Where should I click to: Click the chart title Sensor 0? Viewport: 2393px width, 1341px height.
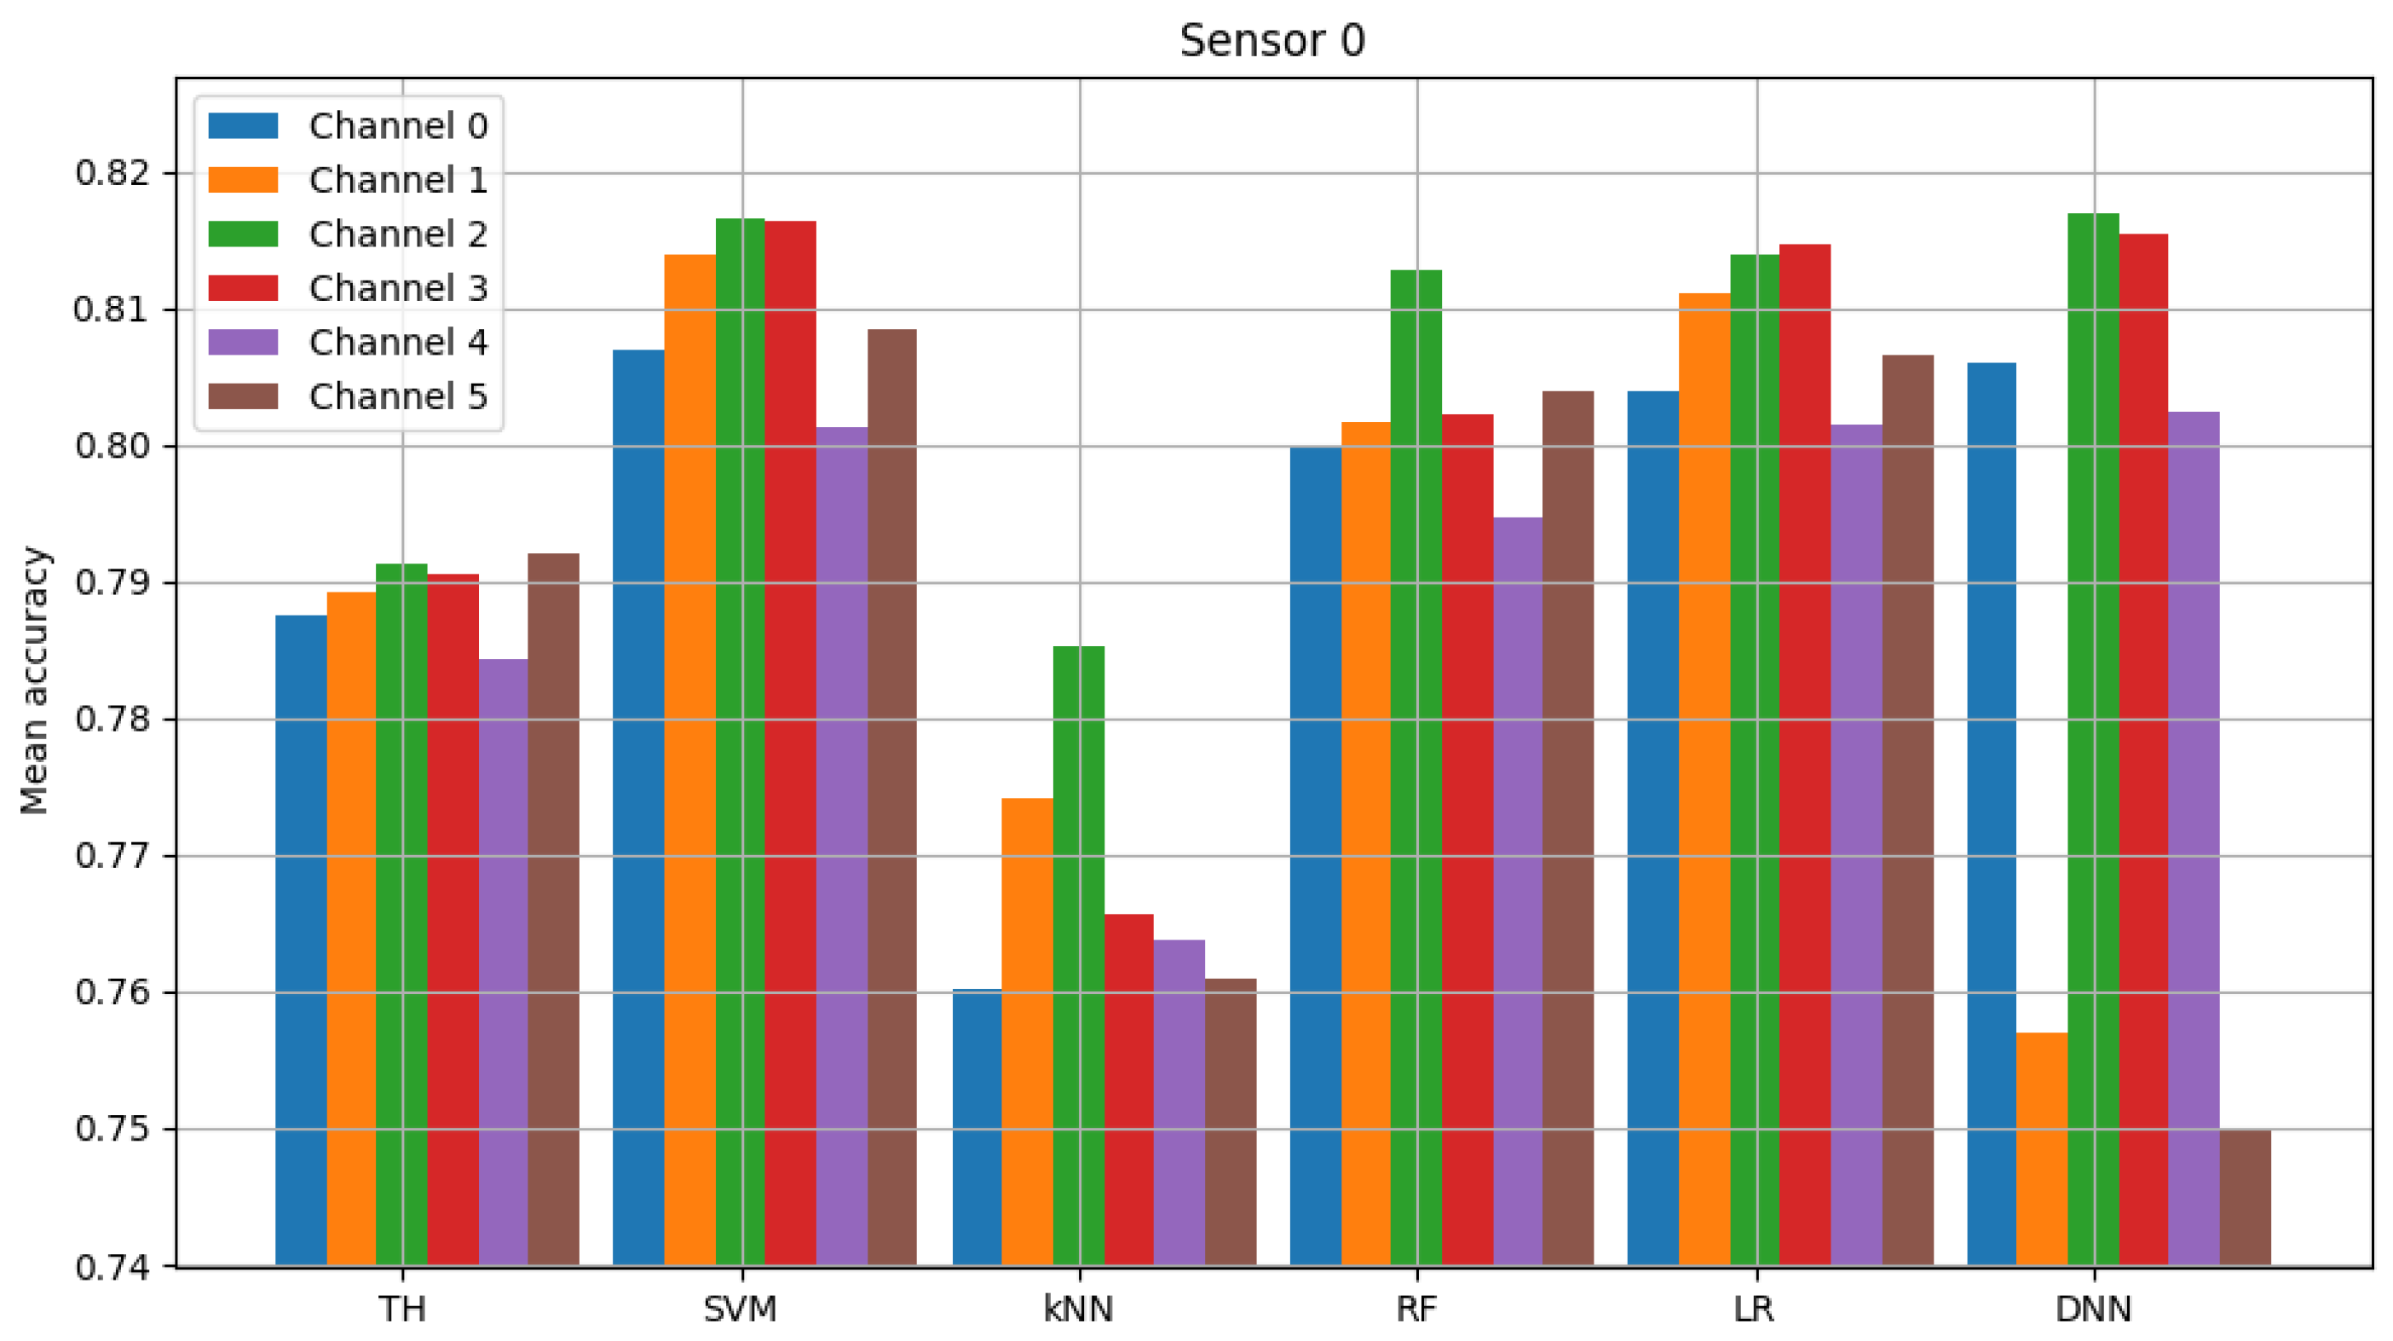1271,41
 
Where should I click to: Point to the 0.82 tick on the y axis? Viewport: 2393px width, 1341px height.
112,174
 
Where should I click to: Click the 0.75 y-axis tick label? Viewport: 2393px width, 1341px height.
112,1129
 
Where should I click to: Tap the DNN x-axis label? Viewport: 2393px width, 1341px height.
2093,1309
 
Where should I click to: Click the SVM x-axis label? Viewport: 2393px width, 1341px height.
741,1309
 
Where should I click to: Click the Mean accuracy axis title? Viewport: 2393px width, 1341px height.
34,681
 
